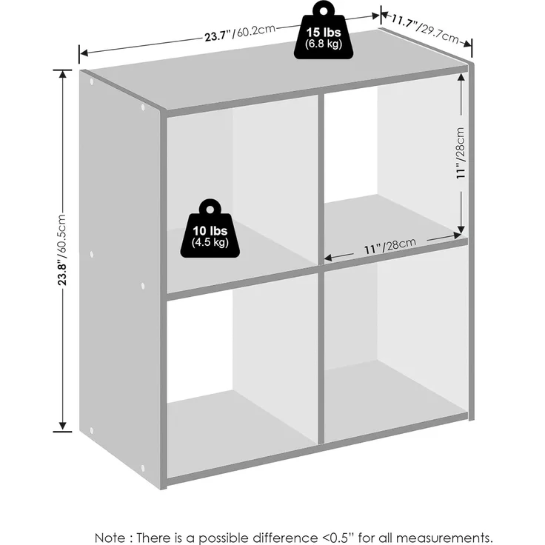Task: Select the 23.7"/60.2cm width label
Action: click(240, 33)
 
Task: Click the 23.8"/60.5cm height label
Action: click(62, 250)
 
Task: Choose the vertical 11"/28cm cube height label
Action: click(461, 153)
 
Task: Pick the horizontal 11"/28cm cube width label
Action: click(389, 246)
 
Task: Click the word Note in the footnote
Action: click(110, 538)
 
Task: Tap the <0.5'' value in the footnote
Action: click(335, 538)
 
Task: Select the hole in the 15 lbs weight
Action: click(324, 11)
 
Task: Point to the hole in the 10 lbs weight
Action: click(210, 210)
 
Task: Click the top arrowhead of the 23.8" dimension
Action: click(62, 74)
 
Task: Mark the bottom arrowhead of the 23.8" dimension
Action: click(62, 427)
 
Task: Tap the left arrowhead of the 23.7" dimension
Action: click(84, 53)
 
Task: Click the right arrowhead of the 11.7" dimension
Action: click(467, 44)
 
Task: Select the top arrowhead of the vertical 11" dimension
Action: click(461, 78)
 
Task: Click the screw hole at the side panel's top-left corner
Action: click(92, 82)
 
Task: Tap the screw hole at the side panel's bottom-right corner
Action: click(142, 468)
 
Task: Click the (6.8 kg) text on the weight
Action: click(324, 44)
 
